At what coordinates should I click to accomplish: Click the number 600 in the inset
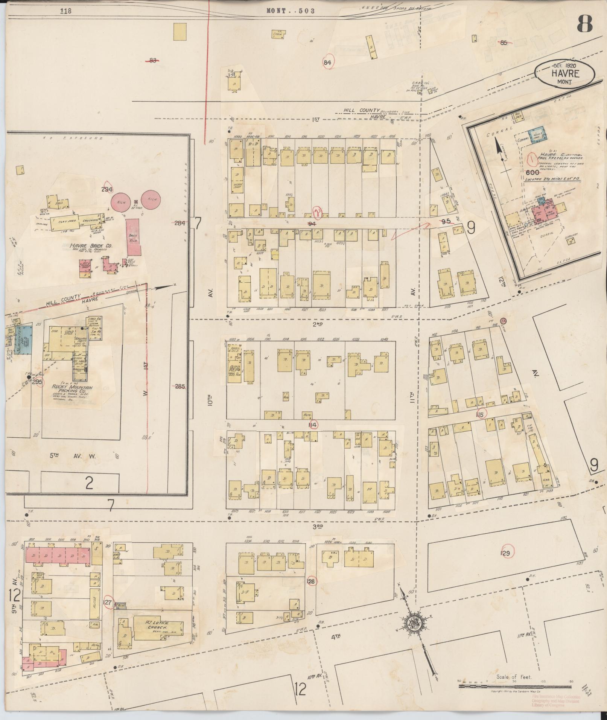coord(533,172)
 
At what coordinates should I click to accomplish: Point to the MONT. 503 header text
coord(290,11)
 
